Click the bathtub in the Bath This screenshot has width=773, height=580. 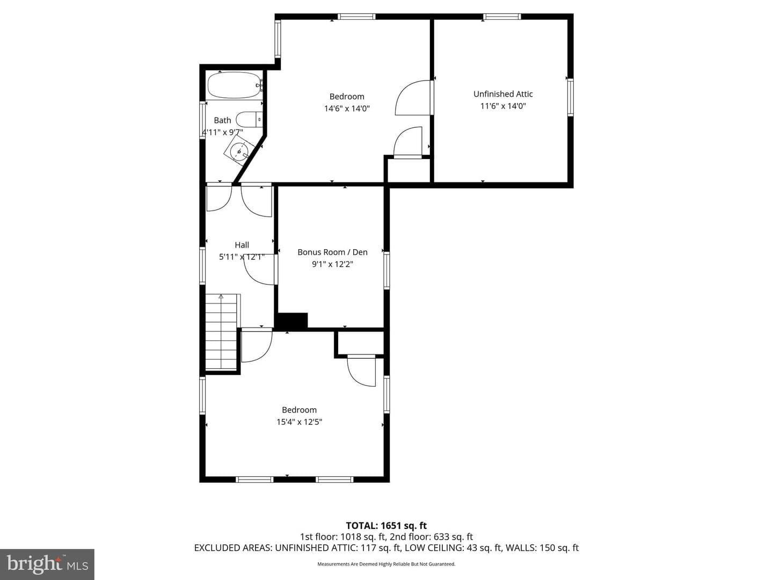pos(233,85)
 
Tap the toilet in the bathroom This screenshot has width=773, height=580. pos(249,120)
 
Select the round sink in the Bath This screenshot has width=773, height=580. pos(239,152)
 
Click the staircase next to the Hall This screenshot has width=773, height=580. pos(221,332)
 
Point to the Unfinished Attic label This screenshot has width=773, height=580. pos(503,94)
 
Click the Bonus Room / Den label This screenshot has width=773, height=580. pos(332,252)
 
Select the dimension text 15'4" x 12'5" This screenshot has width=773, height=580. pos(300,422)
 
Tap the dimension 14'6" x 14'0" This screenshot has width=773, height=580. pos(347,108)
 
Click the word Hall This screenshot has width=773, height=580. pos(242,245)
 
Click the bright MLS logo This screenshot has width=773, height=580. pos(47,564)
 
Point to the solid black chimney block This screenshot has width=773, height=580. pos(291,320)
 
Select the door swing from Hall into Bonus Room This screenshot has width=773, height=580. pos(259,270)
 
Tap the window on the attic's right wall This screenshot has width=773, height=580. pos(570,98)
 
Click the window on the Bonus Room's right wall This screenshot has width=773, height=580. pos(386,271)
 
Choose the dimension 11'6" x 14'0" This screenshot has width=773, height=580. pos(503,106)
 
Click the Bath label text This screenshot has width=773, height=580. pos(223,120)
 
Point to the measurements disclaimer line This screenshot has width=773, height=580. pos(386,564)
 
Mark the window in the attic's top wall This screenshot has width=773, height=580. pos(502,16)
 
